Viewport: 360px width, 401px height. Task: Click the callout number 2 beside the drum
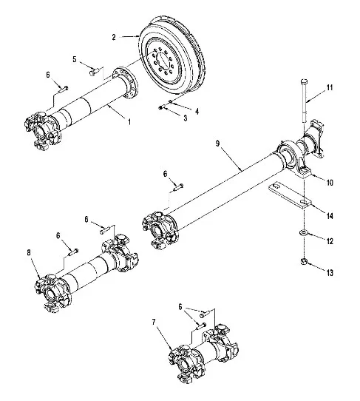click(x=114, y=37)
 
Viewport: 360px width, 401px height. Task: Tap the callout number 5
click(x=75, y=59)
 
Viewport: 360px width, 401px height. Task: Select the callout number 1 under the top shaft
click(x=129, y=122)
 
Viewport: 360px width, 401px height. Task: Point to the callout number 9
click(x=217, y=144)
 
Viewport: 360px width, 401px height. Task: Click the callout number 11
click(x=330, y=87)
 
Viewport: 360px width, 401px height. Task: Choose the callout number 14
click(x=330, y=216)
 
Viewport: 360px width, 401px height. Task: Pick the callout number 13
click(x=330, y=273)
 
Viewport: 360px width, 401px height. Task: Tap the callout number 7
click(x=154, y=322)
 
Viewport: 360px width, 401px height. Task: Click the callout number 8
click(x=29, y=253)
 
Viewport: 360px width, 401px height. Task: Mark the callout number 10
click(x=330, y=183)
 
